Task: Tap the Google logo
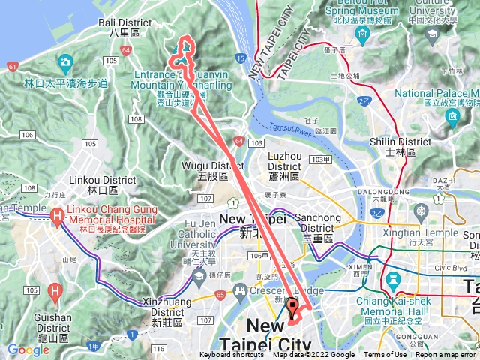click(x=28, y=349)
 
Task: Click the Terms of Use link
click(x=384, y=355)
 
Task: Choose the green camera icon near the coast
click(x=66, y=61)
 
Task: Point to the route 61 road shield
click(x=12, y=66)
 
